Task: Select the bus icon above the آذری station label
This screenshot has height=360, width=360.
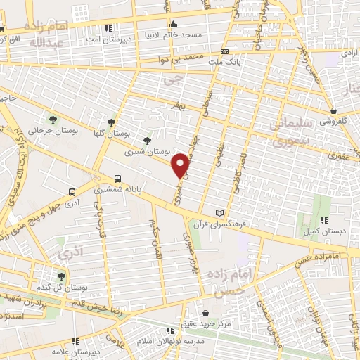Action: coord(72,192)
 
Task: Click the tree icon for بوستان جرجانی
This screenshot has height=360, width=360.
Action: coord(53,118)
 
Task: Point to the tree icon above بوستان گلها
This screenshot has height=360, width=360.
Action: coord(111,121)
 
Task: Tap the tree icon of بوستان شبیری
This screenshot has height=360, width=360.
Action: coord(146,141)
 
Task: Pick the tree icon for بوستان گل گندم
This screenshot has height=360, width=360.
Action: coord(61,277)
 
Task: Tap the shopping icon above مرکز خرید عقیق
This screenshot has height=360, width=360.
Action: coord(205,313)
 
